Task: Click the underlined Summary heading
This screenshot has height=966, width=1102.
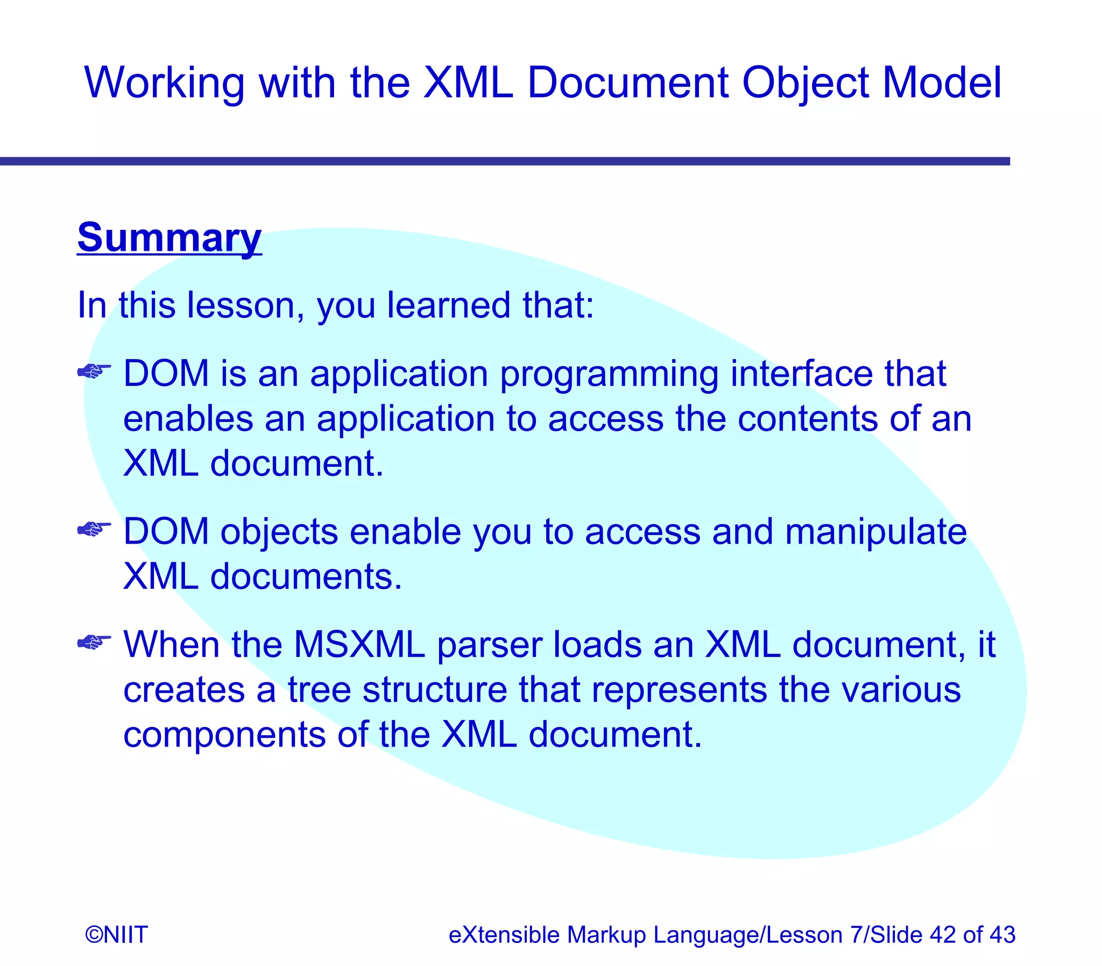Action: [169, 237]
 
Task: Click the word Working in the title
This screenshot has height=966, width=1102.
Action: [164, 83]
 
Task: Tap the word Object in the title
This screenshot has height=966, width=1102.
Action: [805, 83]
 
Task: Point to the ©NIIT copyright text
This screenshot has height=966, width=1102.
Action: [116, 934]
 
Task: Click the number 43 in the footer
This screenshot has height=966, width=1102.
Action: [1002, 934]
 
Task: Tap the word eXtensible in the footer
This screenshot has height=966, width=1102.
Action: [504, 934]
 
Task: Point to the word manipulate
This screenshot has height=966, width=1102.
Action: [875, 532]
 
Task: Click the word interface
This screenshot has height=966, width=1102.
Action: [801, 373]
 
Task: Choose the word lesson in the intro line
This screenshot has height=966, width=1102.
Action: [242, 306]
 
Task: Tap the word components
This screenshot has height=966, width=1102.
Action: [225, 735]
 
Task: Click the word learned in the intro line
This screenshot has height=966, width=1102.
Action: [448, 306]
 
